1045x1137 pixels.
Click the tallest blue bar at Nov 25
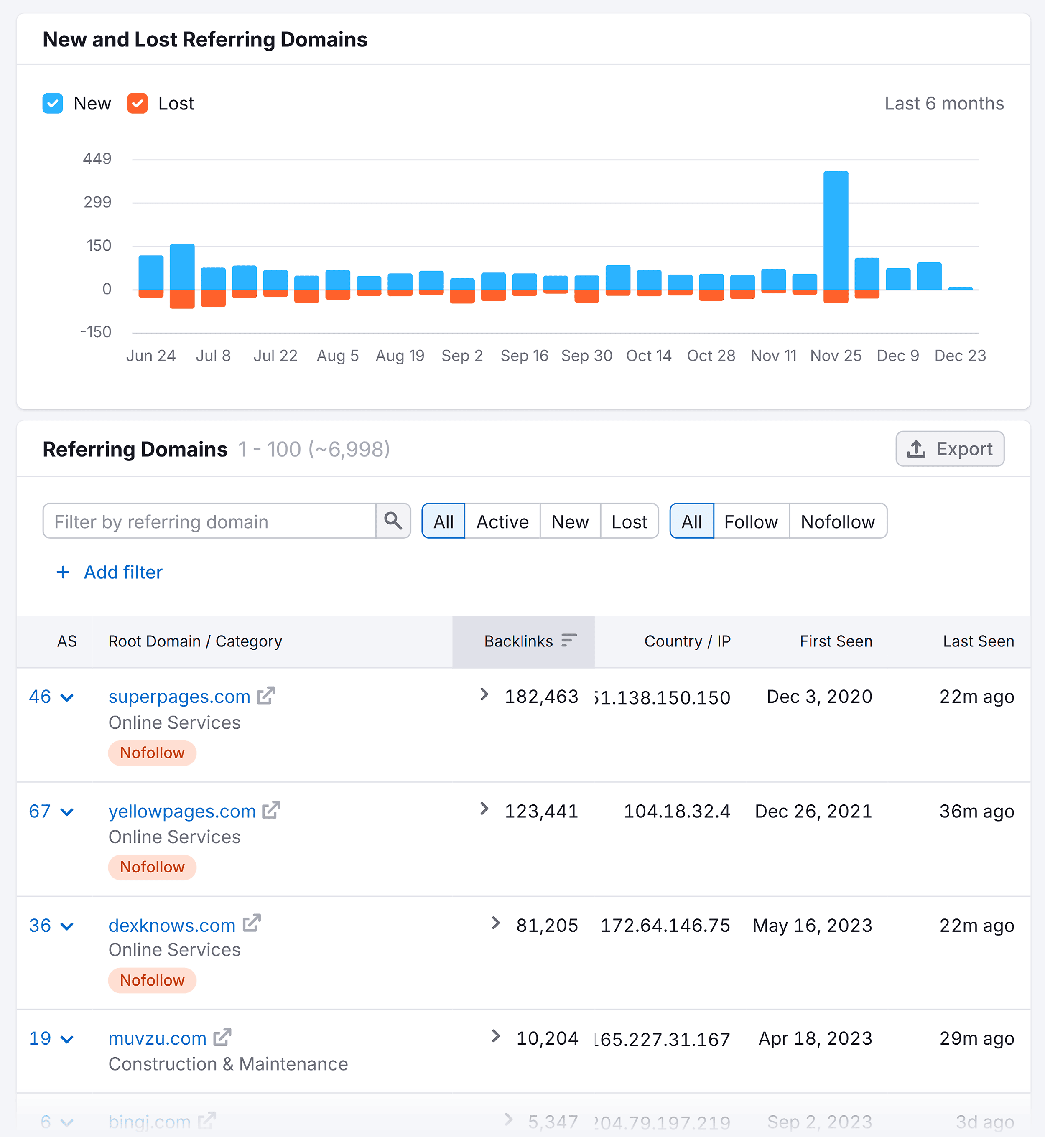[x=835, y=229]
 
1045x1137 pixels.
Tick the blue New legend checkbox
[x=53, y=104]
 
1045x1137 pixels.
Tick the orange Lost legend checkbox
[x=138, y=104]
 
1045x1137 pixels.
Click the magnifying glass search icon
[x=393, y=521]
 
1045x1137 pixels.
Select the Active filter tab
[x=502, y=521]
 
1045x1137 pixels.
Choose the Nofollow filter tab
[x=838, y=521]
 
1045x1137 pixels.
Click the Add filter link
[x=123, y=572]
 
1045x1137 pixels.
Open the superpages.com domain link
[x=179, y=697]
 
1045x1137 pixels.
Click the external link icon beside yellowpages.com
[x=271, y=810]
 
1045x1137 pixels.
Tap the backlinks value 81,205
[x=546, y=926]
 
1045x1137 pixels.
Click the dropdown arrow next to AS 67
[x=67, y=812]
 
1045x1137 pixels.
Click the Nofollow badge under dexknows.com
[x=152, y=980]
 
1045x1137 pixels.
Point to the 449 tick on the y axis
[x=97, y=159]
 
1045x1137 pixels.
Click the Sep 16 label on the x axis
[x=524, y=356]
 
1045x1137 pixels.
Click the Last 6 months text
[x=944, y=104]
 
